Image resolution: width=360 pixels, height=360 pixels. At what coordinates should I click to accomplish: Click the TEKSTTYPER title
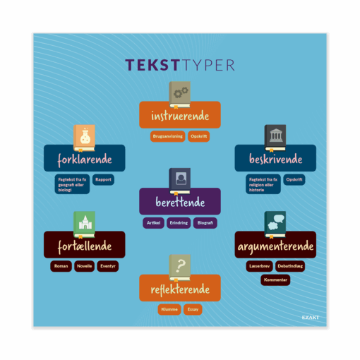coord(180,65)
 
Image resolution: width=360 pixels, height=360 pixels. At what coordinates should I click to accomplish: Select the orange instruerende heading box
coord(180,114)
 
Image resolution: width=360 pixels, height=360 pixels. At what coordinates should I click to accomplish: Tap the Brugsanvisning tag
coord(167,136)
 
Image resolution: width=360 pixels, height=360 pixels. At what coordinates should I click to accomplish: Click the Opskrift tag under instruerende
coord(198,136)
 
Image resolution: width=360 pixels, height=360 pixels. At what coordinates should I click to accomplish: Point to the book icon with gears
coord(180,93)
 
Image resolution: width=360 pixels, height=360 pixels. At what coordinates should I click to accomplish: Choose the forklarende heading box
coord(85,159)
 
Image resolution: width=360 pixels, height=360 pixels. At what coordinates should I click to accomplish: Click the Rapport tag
coord(103,179)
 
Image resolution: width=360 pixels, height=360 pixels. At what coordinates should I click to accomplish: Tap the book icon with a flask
coord(84,137)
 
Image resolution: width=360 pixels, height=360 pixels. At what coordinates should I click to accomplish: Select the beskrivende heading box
coord(275,159)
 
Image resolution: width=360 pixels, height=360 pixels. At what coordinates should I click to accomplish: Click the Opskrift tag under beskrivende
coord(295,179)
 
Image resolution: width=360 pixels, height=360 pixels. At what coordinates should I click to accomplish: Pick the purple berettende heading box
coord(180,202)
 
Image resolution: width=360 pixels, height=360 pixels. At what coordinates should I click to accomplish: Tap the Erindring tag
coord(179,223)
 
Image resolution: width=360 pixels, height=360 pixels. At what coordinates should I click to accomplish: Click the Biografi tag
coord(205,223)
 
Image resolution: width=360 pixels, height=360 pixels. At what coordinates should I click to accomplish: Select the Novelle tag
coord(84,266)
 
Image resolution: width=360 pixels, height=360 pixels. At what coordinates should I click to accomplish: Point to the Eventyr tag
coord(108,266)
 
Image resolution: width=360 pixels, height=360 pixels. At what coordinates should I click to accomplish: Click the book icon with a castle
coord(84,224)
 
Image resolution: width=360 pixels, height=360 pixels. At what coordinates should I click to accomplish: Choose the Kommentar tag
coord(275,280)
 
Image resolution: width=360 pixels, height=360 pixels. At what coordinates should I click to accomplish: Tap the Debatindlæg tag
coord(290,266)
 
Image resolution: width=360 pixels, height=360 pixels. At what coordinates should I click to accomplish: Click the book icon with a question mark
coord(180,267)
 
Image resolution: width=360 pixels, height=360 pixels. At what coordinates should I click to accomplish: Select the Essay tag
coord(193,309)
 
